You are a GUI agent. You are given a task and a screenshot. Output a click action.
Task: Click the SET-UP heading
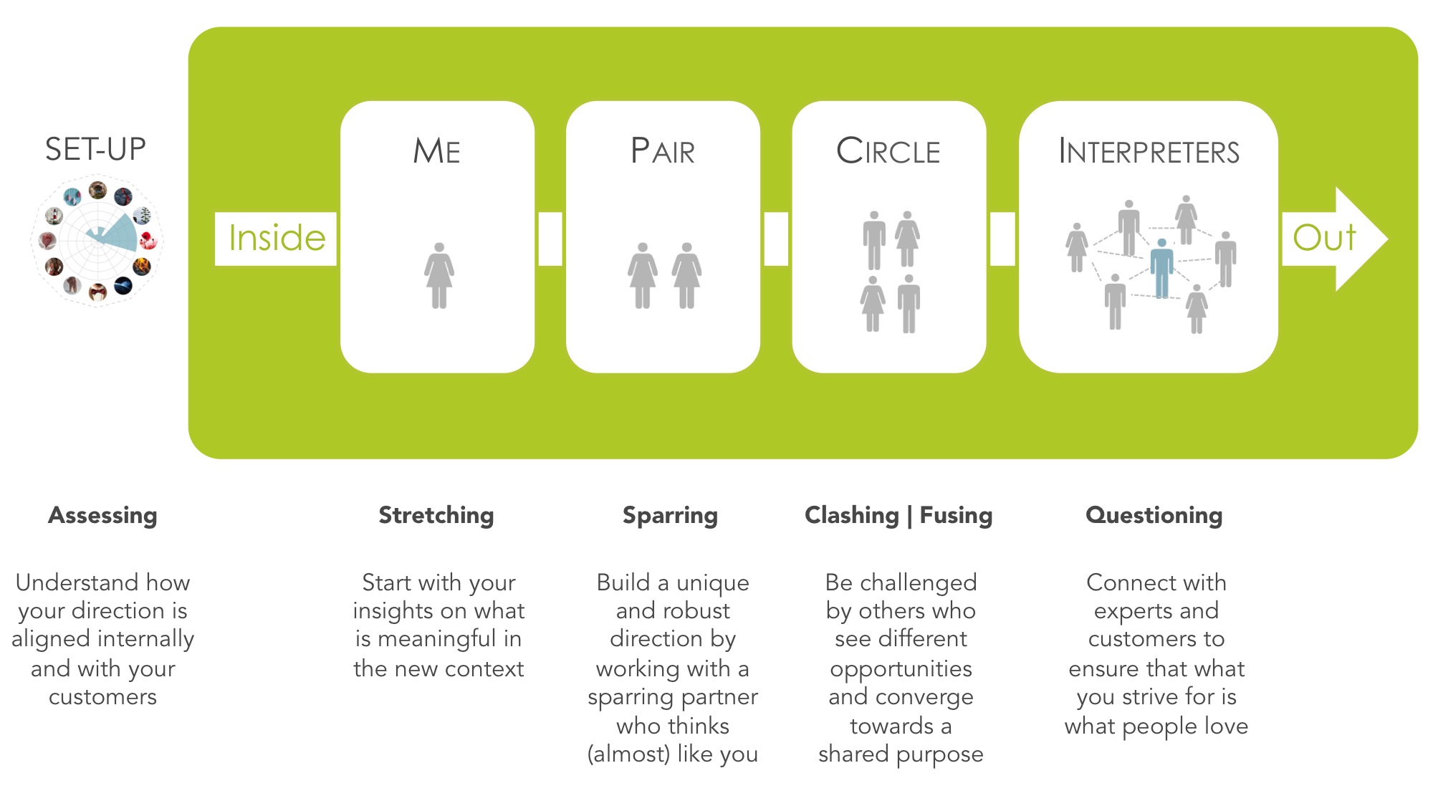pyautogui.click(x=95, y=149)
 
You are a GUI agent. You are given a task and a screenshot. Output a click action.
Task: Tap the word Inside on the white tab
pyautogui.click(x=277, y=238)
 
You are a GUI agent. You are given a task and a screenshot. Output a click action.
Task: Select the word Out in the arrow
pyautogui.click(x=1324, y=238)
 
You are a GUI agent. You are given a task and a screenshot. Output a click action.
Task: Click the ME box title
pyautogui.click(x=437, y=151)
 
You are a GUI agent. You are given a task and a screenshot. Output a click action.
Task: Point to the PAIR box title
pyautogui.click(x=663, y=151)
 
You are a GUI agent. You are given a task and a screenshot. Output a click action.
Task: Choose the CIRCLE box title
pyautogui.click(x=888, y=151)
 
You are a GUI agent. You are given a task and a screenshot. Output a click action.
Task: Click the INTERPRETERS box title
pyautogui.click(x=1149, y=152)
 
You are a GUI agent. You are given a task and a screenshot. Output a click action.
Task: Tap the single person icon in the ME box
pyautogui.click(x=439, y=276)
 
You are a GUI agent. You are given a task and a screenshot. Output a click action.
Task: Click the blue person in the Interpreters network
pyautogui.click(x=1161, y=269)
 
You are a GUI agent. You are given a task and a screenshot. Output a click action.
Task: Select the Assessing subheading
pyautogui.click(x=102, y=516)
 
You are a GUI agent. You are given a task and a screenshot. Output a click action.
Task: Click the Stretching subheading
pyautogui.click(x=436, y=516)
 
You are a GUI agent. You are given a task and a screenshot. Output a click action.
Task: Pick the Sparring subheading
pyautogui.click(x=670, y=516)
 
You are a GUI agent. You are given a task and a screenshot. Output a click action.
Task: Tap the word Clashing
pyautogui.click(x=852, y=516)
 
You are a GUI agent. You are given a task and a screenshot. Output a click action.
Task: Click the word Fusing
pyautogui.click(x=956, y=516)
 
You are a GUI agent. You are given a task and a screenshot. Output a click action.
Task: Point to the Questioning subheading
pyautogui.click(x=1154, y=516)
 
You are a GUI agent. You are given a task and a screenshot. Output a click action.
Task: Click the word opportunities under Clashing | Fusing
pyautogui.click(x=901, y=669)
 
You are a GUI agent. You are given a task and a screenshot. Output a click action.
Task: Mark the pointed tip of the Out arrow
pyautogui.click(x=1388, y=239)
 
